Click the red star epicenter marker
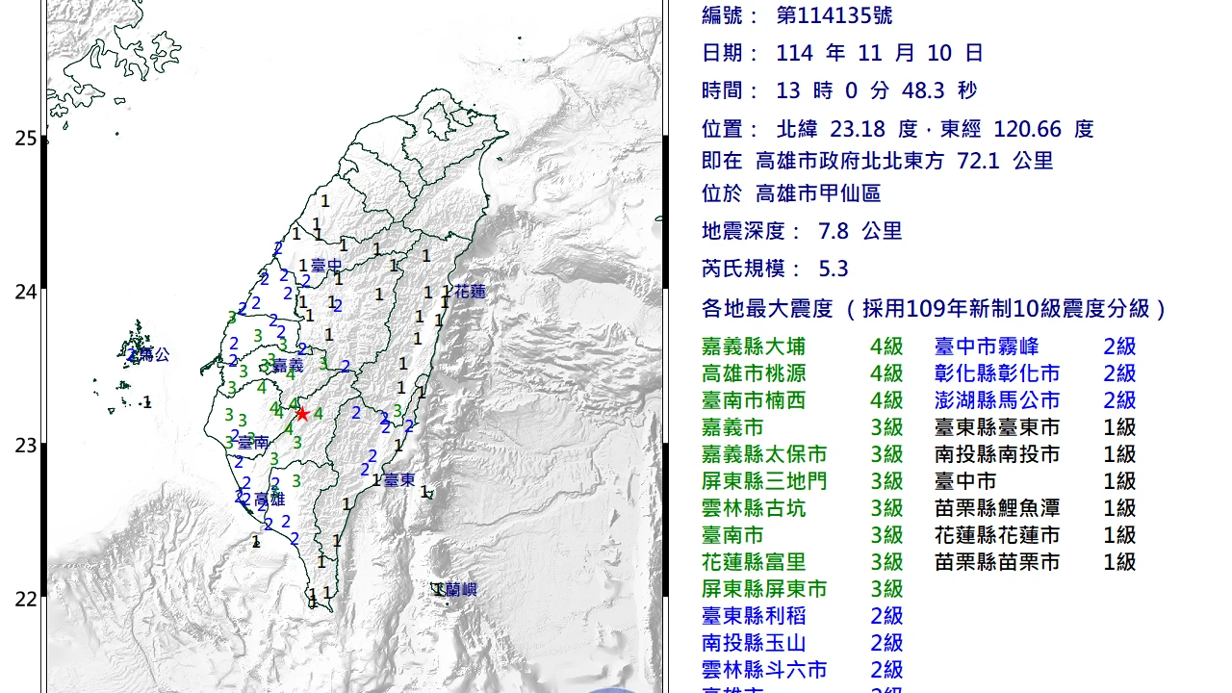click(302, 414)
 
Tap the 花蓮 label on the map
click(470, 291)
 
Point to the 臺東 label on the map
click(398, 479)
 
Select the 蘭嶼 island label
click(461, 590)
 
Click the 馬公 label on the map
click(154, 354)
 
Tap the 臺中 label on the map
click(327, 265)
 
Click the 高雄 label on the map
click(269, 499)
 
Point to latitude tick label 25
click(25, 139)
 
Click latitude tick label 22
click(25, 599)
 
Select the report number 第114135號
click(834, 15)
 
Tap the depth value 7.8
click(833, 231)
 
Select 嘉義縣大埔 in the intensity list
click(754, 346)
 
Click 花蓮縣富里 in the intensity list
click(754, 562)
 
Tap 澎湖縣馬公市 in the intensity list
click(997, 400)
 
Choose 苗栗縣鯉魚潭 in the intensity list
click(997, 508)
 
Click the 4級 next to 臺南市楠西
click(886, 400)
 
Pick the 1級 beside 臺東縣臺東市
click(1119, 427)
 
